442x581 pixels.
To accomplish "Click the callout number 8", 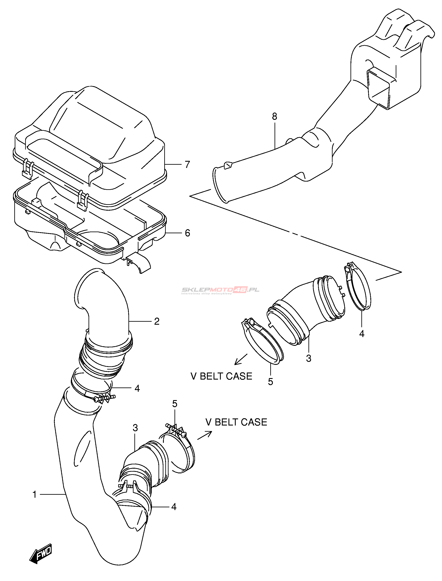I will coord(274,116).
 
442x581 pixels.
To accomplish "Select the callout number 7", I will coord(187,164).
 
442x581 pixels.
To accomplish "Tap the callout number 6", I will coord(187,233).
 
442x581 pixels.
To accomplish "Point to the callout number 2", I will coord(157,321).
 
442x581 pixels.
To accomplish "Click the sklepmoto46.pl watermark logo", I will coord(220,290).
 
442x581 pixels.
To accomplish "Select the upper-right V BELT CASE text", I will coord(221,376).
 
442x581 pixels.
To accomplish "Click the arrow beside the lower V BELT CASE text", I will coord(205,435).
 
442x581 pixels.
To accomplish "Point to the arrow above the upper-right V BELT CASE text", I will coord(241,359).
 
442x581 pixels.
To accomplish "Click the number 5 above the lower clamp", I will coord(175,404).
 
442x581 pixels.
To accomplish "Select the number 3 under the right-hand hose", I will coord(309,358).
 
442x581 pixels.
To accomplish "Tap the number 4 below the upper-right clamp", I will coord(362,334).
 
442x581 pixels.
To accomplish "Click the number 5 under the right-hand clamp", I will coord(270,382).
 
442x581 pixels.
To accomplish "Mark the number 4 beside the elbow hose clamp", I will coord(137,388).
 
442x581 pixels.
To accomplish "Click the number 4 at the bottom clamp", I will coord(174,507).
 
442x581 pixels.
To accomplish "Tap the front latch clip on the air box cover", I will coord(82,200).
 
